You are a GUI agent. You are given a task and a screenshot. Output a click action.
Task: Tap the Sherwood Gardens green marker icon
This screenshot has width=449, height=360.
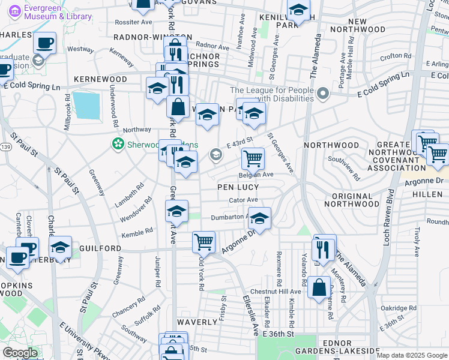click(x=118, y=144)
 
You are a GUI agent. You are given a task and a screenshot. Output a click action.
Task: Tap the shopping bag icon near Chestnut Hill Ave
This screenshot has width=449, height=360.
click(x=319, y=286)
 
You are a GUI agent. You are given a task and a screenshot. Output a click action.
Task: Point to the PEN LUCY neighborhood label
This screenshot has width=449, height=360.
click(x=238, y=187)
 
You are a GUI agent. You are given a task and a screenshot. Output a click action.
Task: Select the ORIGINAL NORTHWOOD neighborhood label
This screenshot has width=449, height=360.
click(x=355, y=204)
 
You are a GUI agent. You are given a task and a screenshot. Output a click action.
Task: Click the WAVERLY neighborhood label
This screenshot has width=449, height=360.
click(x=197, y=322)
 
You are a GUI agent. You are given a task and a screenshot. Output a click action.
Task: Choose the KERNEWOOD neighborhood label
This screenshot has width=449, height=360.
click(x=100, y=79)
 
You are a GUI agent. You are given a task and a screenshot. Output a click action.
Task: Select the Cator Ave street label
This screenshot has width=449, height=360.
click(x=243, y=200)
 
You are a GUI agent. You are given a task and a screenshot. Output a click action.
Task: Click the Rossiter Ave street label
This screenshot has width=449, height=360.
click(x=133, y=22)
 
